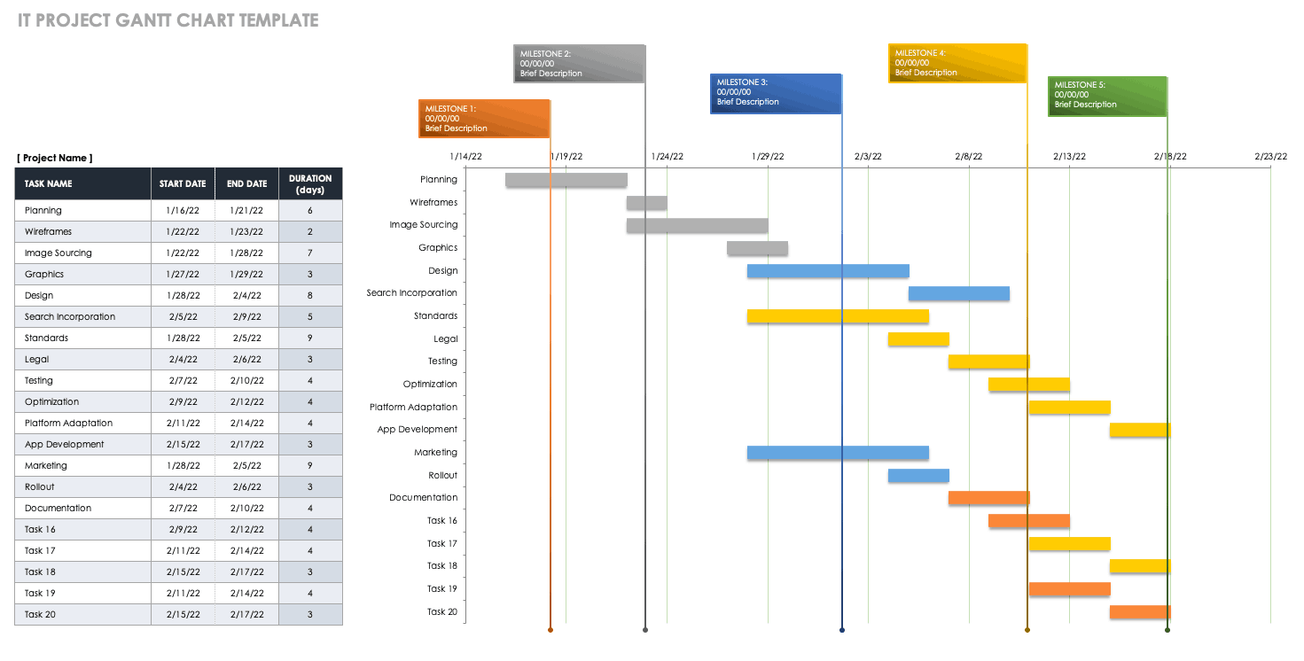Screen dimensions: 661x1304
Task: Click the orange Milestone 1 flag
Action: pyautogui.click(x=484, y=119)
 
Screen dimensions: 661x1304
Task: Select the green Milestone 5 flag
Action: pyautogui.click(x=1107, y=96)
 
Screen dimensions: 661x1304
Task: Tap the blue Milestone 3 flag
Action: pyautogui.click(x=776, y=93)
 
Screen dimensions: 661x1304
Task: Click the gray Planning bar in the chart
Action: pyautogui.click(x=566, y=180)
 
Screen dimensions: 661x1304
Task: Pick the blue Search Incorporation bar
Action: pyautogui.click(x=958, y=293)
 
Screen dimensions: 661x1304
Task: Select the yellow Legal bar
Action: pyautogui.click(x=918, y=339)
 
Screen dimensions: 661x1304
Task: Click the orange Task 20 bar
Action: pyautogui.click(x=1140, y=612)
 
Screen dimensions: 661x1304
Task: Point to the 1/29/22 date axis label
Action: pyautogui.click(x=768, y=157)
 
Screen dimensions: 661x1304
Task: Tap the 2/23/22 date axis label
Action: pyautogui.click(x=1270, y=157)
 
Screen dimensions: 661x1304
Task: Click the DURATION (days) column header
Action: pyautogui.click(x=310, y=184)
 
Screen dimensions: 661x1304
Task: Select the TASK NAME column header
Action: pyautogui.click(x=49, y=184)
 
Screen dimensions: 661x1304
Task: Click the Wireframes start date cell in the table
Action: pyautogui.click(x=183, y=232)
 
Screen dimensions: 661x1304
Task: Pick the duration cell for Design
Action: pyautogui.click(x=310, y=296)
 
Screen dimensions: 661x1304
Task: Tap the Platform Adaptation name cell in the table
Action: pyautogui.click(x=69, y=424)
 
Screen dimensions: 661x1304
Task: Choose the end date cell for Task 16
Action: pyautogui.click(x=246, y=530)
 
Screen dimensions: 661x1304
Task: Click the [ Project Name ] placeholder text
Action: pyautogui.click(x=54, y=158)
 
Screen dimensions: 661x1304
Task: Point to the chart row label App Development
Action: pyautogui.click(x=417, y=430)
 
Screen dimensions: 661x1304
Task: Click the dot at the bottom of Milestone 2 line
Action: pyautogui.click(x=645, y=630)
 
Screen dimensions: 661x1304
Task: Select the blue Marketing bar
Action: pyautogui.click(x=838, y=453)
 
